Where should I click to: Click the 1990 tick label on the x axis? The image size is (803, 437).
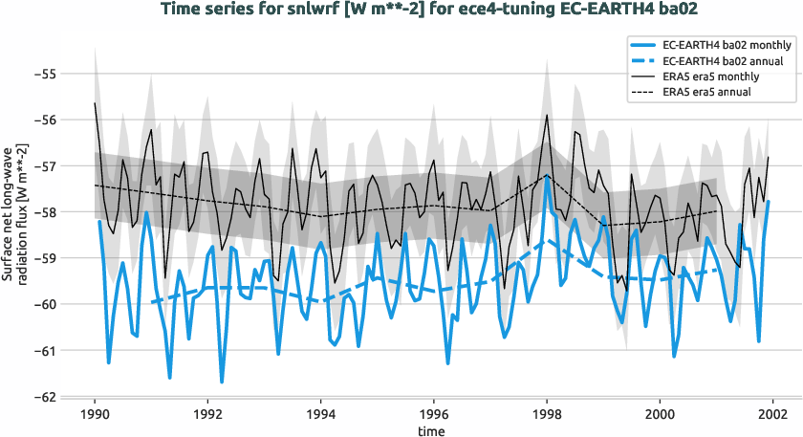pos(95,415)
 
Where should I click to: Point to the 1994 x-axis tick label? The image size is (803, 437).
pos(320,415)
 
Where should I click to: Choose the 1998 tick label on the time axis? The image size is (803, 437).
pos(547,415)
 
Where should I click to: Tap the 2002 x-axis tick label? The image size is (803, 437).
pos(772,415)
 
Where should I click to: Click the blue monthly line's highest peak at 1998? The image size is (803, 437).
pos(547,177)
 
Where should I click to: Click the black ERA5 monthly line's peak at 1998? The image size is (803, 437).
pos(547,115)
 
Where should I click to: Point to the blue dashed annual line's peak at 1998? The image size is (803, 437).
pos(547,239)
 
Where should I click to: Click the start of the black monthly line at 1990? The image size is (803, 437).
pos(95,102)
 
